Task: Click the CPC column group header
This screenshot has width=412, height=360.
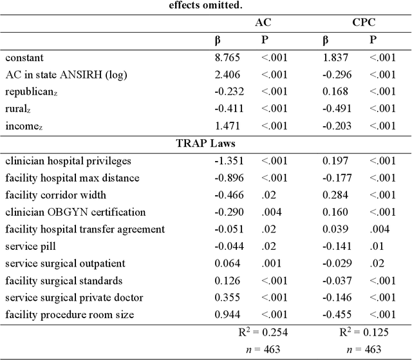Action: coord(364,22)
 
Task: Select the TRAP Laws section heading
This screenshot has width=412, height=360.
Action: coord(205,142)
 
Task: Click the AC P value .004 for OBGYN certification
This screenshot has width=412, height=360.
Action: coord(270,211)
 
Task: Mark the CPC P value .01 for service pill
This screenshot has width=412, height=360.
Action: coord(377,246)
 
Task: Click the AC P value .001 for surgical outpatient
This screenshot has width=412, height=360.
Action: coord(270,263)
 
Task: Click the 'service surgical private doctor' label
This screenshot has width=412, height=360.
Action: coord(74,298)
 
